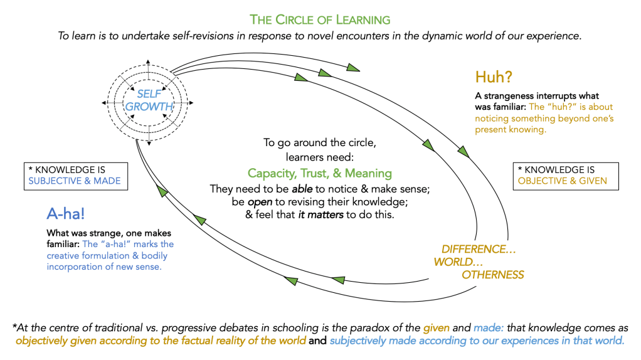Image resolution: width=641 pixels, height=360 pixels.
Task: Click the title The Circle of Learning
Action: pos(320,19)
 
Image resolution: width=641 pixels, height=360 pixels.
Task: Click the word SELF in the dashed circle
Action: pos(149,93)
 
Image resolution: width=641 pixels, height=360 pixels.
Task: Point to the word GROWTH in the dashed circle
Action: pos(149,106)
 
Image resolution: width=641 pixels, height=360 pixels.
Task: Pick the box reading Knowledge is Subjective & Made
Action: pos(74,176)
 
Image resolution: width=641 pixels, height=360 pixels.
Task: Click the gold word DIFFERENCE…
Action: pos(479,249)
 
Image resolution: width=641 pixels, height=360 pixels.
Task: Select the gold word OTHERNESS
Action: pos(492,275)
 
